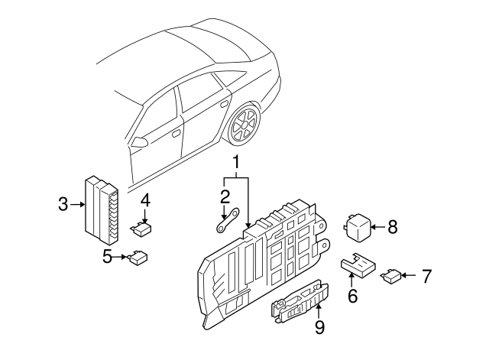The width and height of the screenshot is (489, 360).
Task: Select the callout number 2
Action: (x=225, y=197)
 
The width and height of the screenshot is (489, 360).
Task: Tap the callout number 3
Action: (x=63, y=203)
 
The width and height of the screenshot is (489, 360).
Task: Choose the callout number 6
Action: (x=352, y=295)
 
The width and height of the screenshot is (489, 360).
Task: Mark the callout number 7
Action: (x=426, y=274)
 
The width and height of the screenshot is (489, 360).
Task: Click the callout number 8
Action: (x=393, y=226)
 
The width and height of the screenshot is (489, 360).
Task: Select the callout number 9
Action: (x=319, y=328)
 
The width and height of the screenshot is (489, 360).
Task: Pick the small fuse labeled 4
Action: (x=142, y=227)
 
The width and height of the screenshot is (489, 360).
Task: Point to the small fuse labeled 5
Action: (x=138, y=258)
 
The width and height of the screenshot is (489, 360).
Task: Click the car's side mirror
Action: (x=139, y=141)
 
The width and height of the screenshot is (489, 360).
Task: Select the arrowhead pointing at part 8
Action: (x=376, y=226)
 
